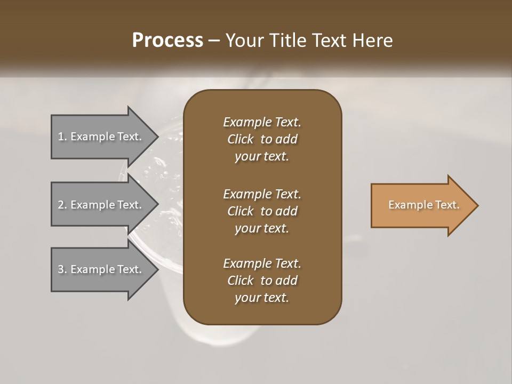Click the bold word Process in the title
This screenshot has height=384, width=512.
pyautogui.click(x=167, y=41)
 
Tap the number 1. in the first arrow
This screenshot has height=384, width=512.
pyautogui.click(x=62, y=137)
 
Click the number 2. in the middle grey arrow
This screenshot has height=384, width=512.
pyautogui.click(x=62, y=205)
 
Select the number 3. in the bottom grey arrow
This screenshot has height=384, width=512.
pyautogui.click(x=62, y=269)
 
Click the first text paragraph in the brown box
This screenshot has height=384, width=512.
pyautogui.click(x=262, y=139)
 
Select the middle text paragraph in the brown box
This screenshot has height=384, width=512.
pyautogui.click(x=262, y=211)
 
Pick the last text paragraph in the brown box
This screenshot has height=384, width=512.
pyautogui.click(x=262, y=281)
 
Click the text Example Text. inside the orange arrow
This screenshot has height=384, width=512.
pyautogui.click(x=423, y=205)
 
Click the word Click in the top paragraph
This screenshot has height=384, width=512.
pyautogui.click(x=240, y=139)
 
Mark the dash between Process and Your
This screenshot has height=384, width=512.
pyautogui.click(x=214, y=41)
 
